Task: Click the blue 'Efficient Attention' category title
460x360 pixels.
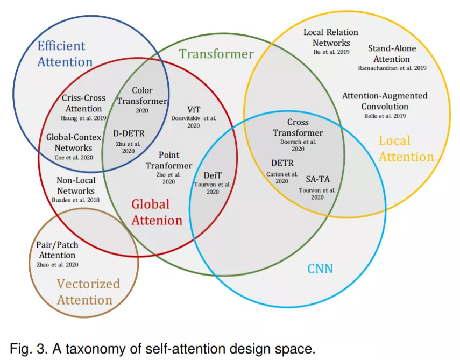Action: coord(65,54)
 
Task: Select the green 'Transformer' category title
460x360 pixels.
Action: coord(216,54)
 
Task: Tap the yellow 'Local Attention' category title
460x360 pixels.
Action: coord(406,149)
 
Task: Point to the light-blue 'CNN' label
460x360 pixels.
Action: coord(320,269)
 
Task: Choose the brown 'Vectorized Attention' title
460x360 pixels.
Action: coord(88,292)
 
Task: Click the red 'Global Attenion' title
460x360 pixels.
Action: coord(157,212)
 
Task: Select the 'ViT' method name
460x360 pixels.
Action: coord(194,110)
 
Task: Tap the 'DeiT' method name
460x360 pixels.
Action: coord(213,175)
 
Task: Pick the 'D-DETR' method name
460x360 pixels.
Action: coord(129,133)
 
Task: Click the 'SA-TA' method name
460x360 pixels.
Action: coord(318,179)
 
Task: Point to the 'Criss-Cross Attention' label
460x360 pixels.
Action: coord(83,103)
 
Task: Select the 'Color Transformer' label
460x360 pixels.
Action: coord(142,96)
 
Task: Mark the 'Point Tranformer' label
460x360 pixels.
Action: coord(169,160)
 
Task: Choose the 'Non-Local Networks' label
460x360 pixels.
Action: coord(76,186)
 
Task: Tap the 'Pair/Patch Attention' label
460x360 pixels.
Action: coord(57,250)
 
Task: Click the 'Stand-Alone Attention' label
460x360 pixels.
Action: coord(392,54)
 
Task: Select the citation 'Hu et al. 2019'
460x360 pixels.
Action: coord(331,52)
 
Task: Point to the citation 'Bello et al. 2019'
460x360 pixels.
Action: coord(385,116)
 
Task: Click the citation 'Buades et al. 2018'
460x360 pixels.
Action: coord(76,200)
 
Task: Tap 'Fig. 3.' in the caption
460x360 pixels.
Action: coord(29,349)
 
